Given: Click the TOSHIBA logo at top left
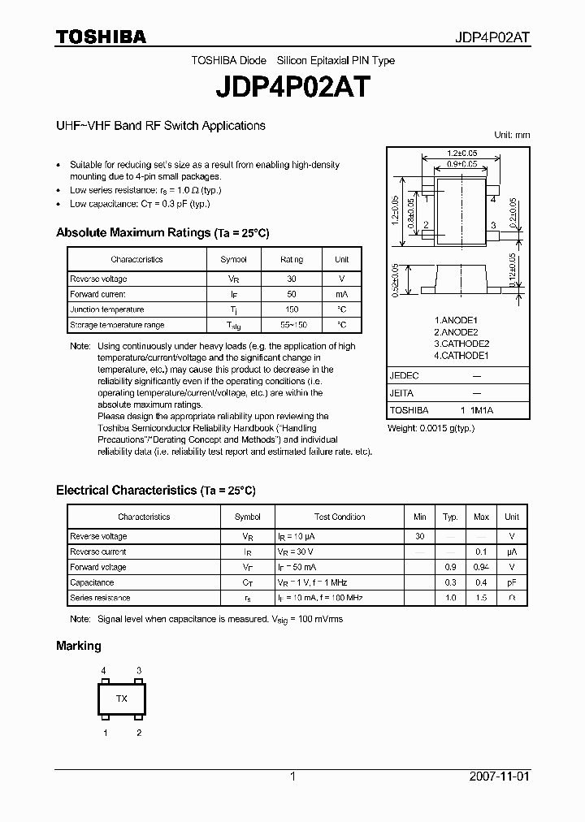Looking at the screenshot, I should (x=101, y=37).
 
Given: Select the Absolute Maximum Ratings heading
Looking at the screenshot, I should (x=162, y=233).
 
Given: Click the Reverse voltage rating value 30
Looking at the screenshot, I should (x=292, y=279).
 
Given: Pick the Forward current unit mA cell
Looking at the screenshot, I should (x=341, y=294).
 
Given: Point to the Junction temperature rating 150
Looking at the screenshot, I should (x=292, y=309).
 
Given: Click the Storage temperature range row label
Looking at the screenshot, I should (x=117, y=325).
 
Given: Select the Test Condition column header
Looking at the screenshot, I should (x=340, y=517).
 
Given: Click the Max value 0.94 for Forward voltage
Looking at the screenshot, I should (x=481, y=567).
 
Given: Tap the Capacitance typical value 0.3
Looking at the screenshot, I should (x=449, y=582).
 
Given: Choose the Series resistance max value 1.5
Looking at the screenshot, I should (x=481, y=598).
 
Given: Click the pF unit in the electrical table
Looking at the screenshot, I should (x=512, y=582).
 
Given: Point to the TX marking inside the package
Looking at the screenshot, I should (x=122, y=699).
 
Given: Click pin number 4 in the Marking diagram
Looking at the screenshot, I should (x=104, y=670).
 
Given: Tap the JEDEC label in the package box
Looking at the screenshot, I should (x=403, y=376).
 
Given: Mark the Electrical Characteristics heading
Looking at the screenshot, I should (x=155, y=491).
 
